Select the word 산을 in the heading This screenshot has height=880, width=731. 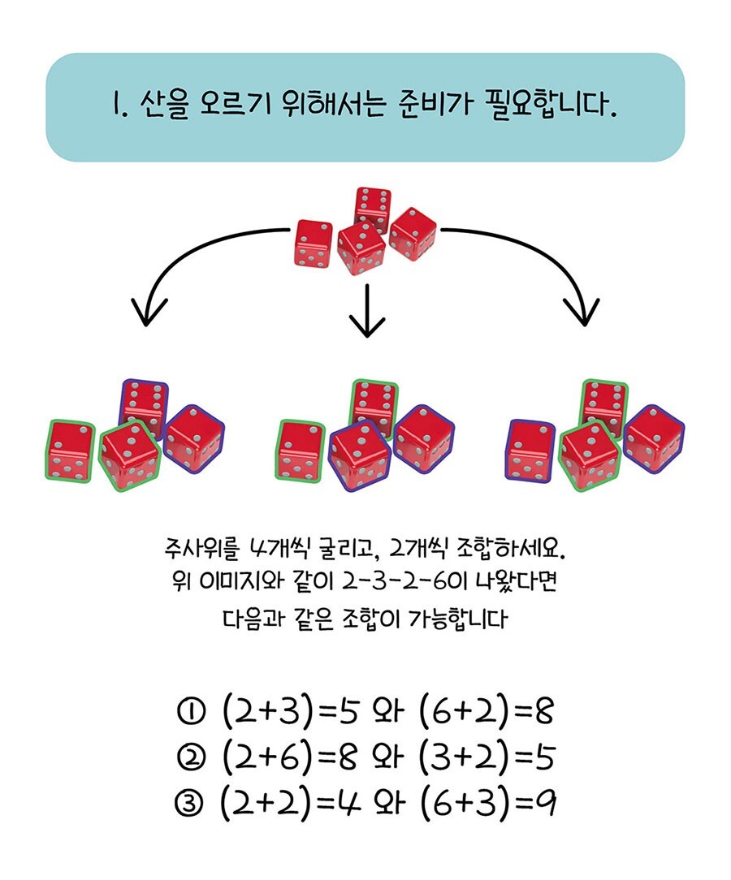163,106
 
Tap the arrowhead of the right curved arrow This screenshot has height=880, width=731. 582,312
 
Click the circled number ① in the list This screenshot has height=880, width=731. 190,712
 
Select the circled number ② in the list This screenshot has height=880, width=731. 190,757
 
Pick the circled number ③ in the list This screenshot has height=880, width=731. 190,804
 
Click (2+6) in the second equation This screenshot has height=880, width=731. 267,757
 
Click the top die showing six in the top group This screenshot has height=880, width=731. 373,208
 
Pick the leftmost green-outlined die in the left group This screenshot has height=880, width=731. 70,451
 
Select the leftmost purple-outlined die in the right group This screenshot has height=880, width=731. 530,451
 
